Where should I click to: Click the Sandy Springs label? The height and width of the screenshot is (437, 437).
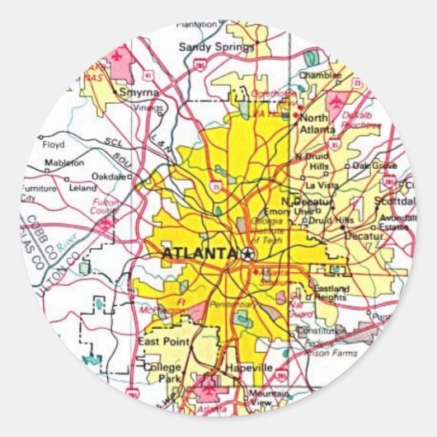[x=217, y=47]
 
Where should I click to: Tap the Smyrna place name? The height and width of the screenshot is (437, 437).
[x=139, y=93]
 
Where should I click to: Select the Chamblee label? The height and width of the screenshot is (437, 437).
[x=321, y=74]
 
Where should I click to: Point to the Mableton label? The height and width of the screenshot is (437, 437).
[x=63, y=163]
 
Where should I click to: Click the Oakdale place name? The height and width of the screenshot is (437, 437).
[x=109, y=176]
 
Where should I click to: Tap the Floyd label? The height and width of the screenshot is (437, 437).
[x=53, y=145]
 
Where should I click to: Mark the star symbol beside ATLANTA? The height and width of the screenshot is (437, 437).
[x=247, y=254]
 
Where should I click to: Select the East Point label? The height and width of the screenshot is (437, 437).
[x=159, y=341]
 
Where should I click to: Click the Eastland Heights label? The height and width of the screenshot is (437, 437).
[x=331, y=294]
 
